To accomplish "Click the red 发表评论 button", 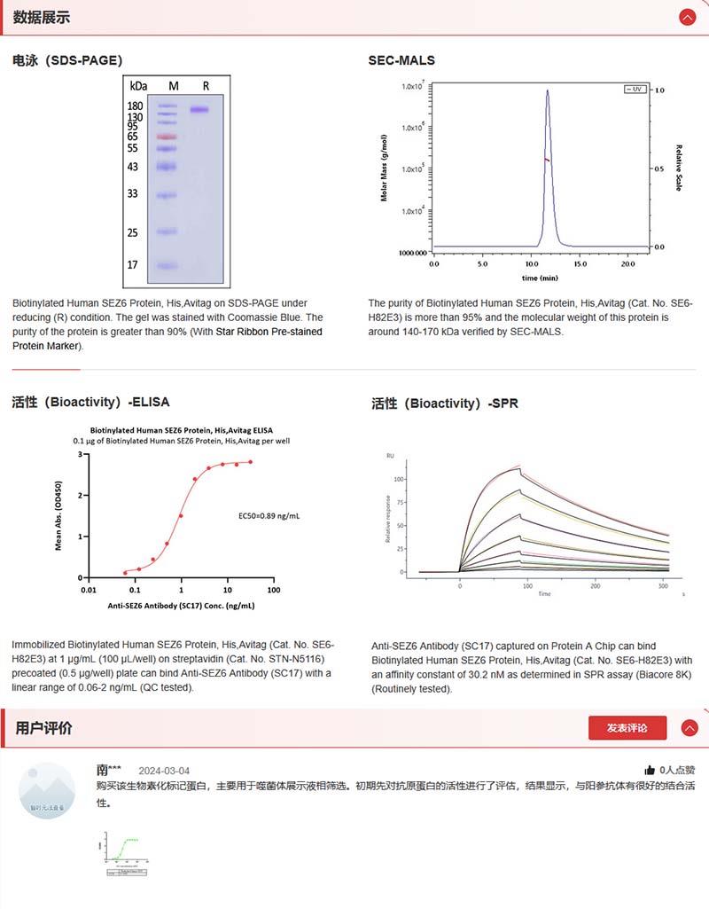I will [627, 728].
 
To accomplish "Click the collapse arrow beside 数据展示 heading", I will [687, 17].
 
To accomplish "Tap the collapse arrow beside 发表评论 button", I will [689, 728].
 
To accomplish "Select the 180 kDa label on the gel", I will [136, 106].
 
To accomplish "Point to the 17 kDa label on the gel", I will [132, 264].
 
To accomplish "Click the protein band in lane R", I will [199, 110].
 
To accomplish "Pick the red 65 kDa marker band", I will [168, 137].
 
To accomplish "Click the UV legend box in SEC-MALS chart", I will [635, 89].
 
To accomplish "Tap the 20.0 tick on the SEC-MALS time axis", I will [627, 264].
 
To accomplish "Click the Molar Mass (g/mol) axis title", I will [385, 168].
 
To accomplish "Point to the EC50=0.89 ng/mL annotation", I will [269, 515].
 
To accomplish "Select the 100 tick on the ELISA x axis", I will [273, 590].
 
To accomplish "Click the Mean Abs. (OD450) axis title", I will [58, 515].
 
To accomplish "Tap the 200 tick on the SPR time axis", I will [595, 585].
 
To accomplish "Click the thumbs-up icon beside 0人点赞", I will [650, 771].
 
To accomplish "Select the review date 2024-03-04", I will [164, 771].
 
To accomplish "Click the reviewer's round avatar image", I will [47, 790].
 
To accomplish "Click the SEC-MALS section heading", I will [401, 60].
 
